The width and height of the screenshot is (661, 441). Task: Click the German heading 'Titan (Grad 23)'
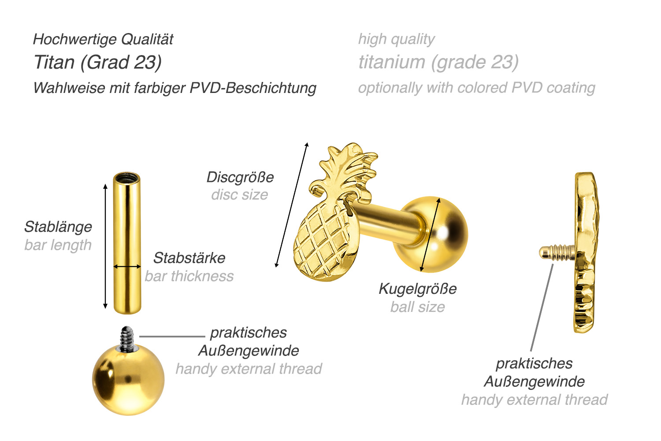[98, 63]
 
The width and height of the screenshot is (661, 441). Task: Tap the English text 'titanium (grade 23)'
[438, 63]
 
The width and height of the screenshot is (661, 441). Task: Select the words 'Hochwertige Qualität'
[103, 40]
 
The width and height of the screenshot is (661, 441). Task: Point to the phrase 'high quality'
[396, 40]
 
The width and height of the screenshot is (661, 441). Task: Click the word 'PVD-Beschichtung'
[253, 88]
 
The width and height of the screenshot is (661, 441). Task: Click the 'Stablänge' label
[58, 227]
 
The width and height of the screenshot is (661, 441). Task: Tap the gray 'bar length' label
[58, 245]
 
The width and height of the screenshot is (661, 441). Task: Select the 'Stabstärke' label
[189, 258]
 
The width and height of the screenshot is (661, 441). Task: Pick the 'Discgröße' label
[240, 178]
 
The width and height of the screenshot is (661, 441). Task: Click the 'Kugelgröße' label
[417, 289]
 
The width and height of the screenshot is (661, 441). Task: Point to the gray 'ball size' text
[417, 307]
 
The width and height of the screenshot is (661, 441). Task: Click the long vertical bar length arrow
[105, 247]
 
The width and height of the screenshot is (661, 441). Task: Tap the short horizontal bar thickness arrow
[127, 267]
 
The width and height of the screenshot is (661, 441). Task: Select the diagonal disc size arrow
[292, 205]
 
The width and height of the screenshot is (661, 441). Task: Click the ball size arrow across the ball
[431, 234]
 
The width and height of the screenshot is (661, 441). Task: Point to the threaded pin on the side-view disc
[556, 253]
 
